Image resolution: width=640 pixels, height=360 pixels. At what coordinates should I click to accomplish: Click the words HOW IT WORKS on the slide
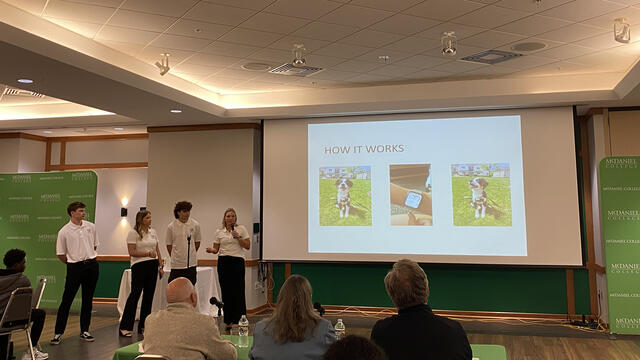pos(364,150)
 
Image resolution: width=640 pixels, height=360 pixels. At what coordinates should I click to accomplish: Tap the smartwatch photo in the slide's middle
pos(410,195)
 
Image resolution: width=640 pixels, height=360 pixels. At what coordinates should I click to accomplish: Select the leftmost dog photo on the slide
pos(344,195)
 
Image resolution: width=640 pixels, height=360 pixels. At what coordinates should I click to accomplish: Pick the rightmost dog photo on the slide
pos(480,195)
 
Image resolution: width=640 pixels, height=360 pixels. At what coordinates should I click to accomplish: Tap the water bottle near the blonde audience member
pos(340,328)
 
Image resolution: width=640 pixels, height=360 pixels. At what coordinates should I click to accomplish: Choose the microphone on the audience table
pos(216,302)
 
